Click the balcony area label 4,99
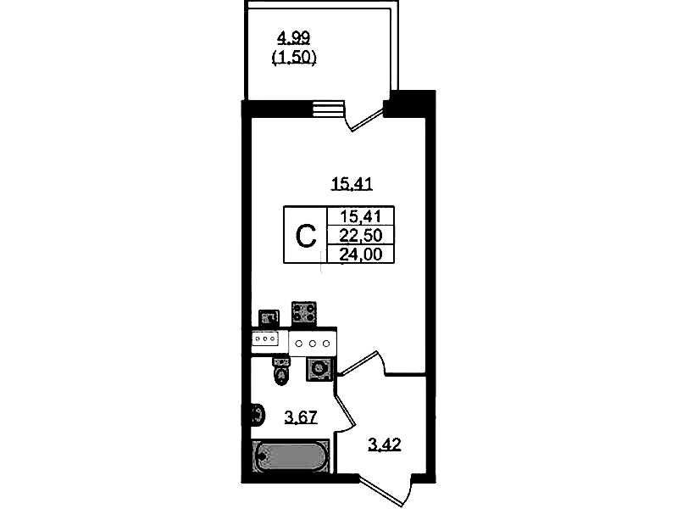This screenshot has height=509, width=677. pos(293,36)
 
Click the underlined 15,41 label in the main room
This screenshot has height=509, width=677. pos(352,182)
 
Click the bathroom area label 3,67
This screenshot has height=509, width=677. pos(301,417)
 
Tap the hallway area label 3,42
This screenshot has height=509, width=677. pos(385,444)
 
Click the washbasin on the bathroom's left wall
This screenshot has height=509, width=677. pos(256,416)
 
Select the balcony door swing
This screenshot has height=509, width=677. pos(367,116)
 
